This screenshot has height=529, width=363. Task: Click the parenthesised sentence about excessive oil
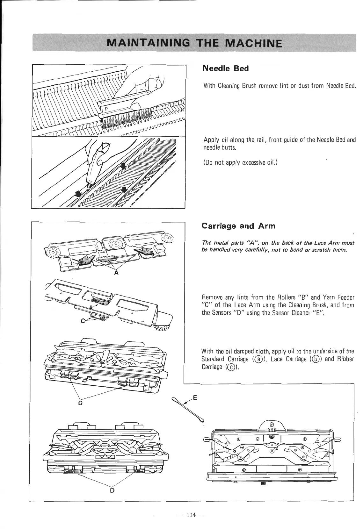click(241, 163)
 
